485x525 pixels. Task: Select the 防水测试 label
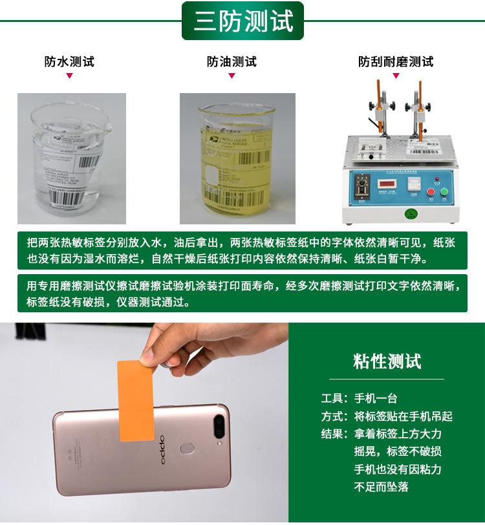pos(69,62)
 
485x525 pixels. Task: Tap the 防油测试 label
pos(232,62)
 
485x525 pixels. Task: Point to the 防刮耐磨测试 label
pos(396,62)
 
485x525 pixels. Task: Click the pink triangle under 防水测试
pos(69,77)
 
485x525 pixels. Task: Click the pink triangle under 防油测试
pos(232,77)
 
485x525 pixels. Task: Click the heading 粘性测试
pos(387,361)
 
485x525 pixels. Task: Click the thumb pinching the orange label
pos(148,356)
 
